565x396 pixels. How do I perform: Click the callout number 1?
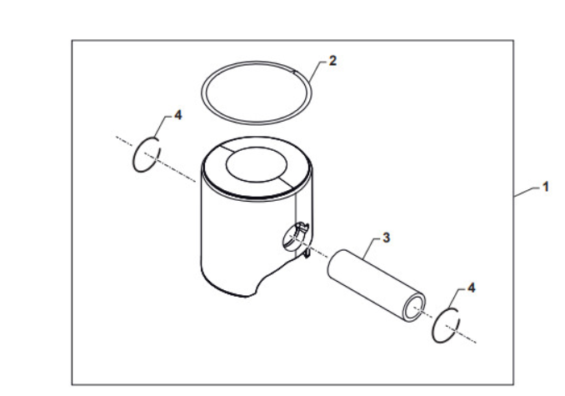pos(546,187)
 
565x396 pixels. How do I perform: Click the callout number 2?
pos(332,61)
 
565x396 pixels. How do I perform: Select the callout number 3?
pos(386,238)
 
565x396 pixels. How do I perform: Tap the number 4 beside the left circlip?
pos(178,115)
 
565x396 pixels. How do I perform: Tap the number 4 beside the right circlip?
pos(472,288)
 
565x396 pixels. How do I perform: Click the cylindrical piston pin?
pos(376,284)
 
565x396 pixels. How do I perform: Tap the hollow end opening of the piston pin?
pos(413,308)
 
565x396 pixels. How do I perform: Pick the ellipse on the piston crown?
pos(256,164)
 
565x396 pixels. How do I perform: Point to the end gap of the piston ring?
pos(294,71)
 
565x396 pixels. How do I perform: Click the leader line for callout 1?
pos(527,192)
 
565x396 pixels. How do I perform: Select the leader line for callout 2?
pos(316,71)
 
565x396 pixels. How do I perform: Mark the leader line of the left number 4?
pos(162,127)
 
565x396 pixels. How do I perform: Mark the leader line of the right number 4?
pos(456,298)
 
